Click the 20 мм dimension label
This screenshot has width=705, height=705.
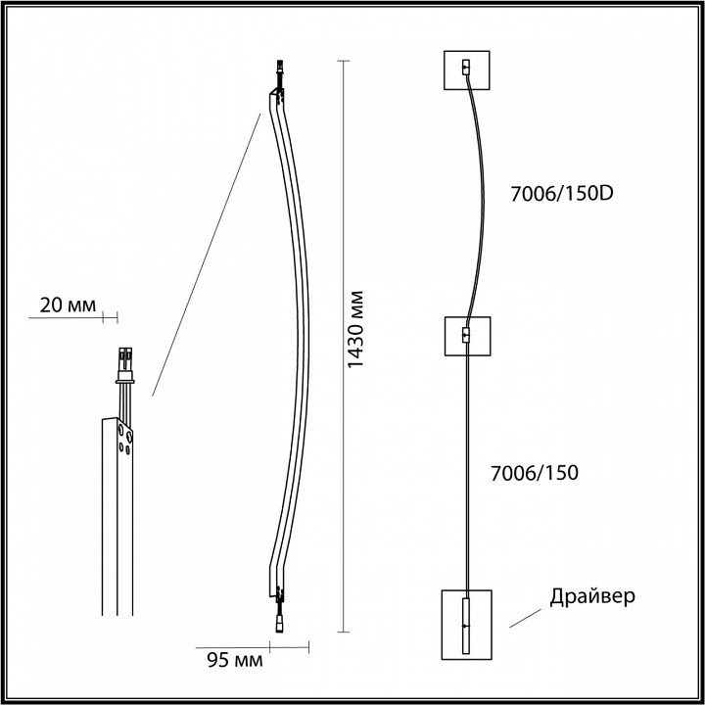point(67,305)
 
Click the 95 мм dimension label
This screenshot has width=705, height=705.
point(234,659)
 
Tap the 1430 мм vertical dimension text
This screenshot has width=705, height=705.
point(357,330)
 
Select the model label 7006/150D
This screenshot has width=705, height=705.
point(562,193)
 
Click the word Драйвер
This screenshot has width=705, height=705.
point(593,595)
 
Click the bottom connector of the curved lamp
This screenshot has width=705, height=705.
point(279,619)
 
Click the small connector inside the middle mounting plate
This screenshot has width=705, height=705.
point(466,336)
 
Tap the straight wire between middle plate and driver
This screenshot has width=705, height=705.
point(467,470)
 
